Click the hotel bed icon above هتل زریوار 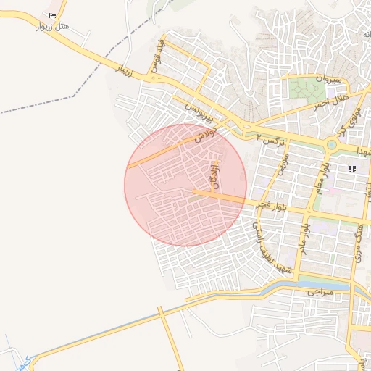(52, 16)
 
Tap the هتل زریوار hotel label (53, 27)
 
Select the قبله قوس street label (155, 58)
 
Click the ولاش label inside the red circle (201, 135)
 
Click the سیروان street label (328, 77)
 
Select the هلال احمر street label (331, 100)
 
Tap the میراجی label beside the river (318, 292)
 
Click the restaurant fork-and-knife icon (352, 169)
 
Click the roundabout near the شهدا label (332, 144)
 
